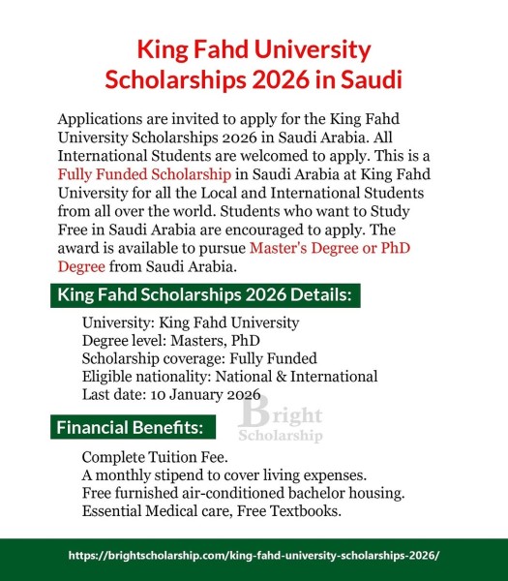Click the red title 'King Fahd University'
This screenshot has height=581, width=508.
click(x=254, y=49)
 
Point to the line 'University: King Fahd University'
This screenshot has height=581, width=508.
click(x=191, y=322)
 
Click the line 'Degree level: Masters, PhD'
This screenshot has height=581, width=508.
click(x=171, y=341)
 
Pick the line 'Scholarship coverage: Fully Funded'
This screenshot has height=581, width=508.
click(x=199, y=358)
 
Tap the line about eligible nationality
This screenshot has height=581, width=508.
click(x=229, y=377)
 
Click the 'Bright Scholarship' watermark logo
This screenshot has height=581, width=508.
click(x=281, y=421)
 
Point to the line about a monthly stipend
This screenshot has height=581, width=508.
click(x=237, y=474)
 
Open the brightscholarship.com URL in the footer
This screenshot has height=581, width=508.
click(x=254, y=556)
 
